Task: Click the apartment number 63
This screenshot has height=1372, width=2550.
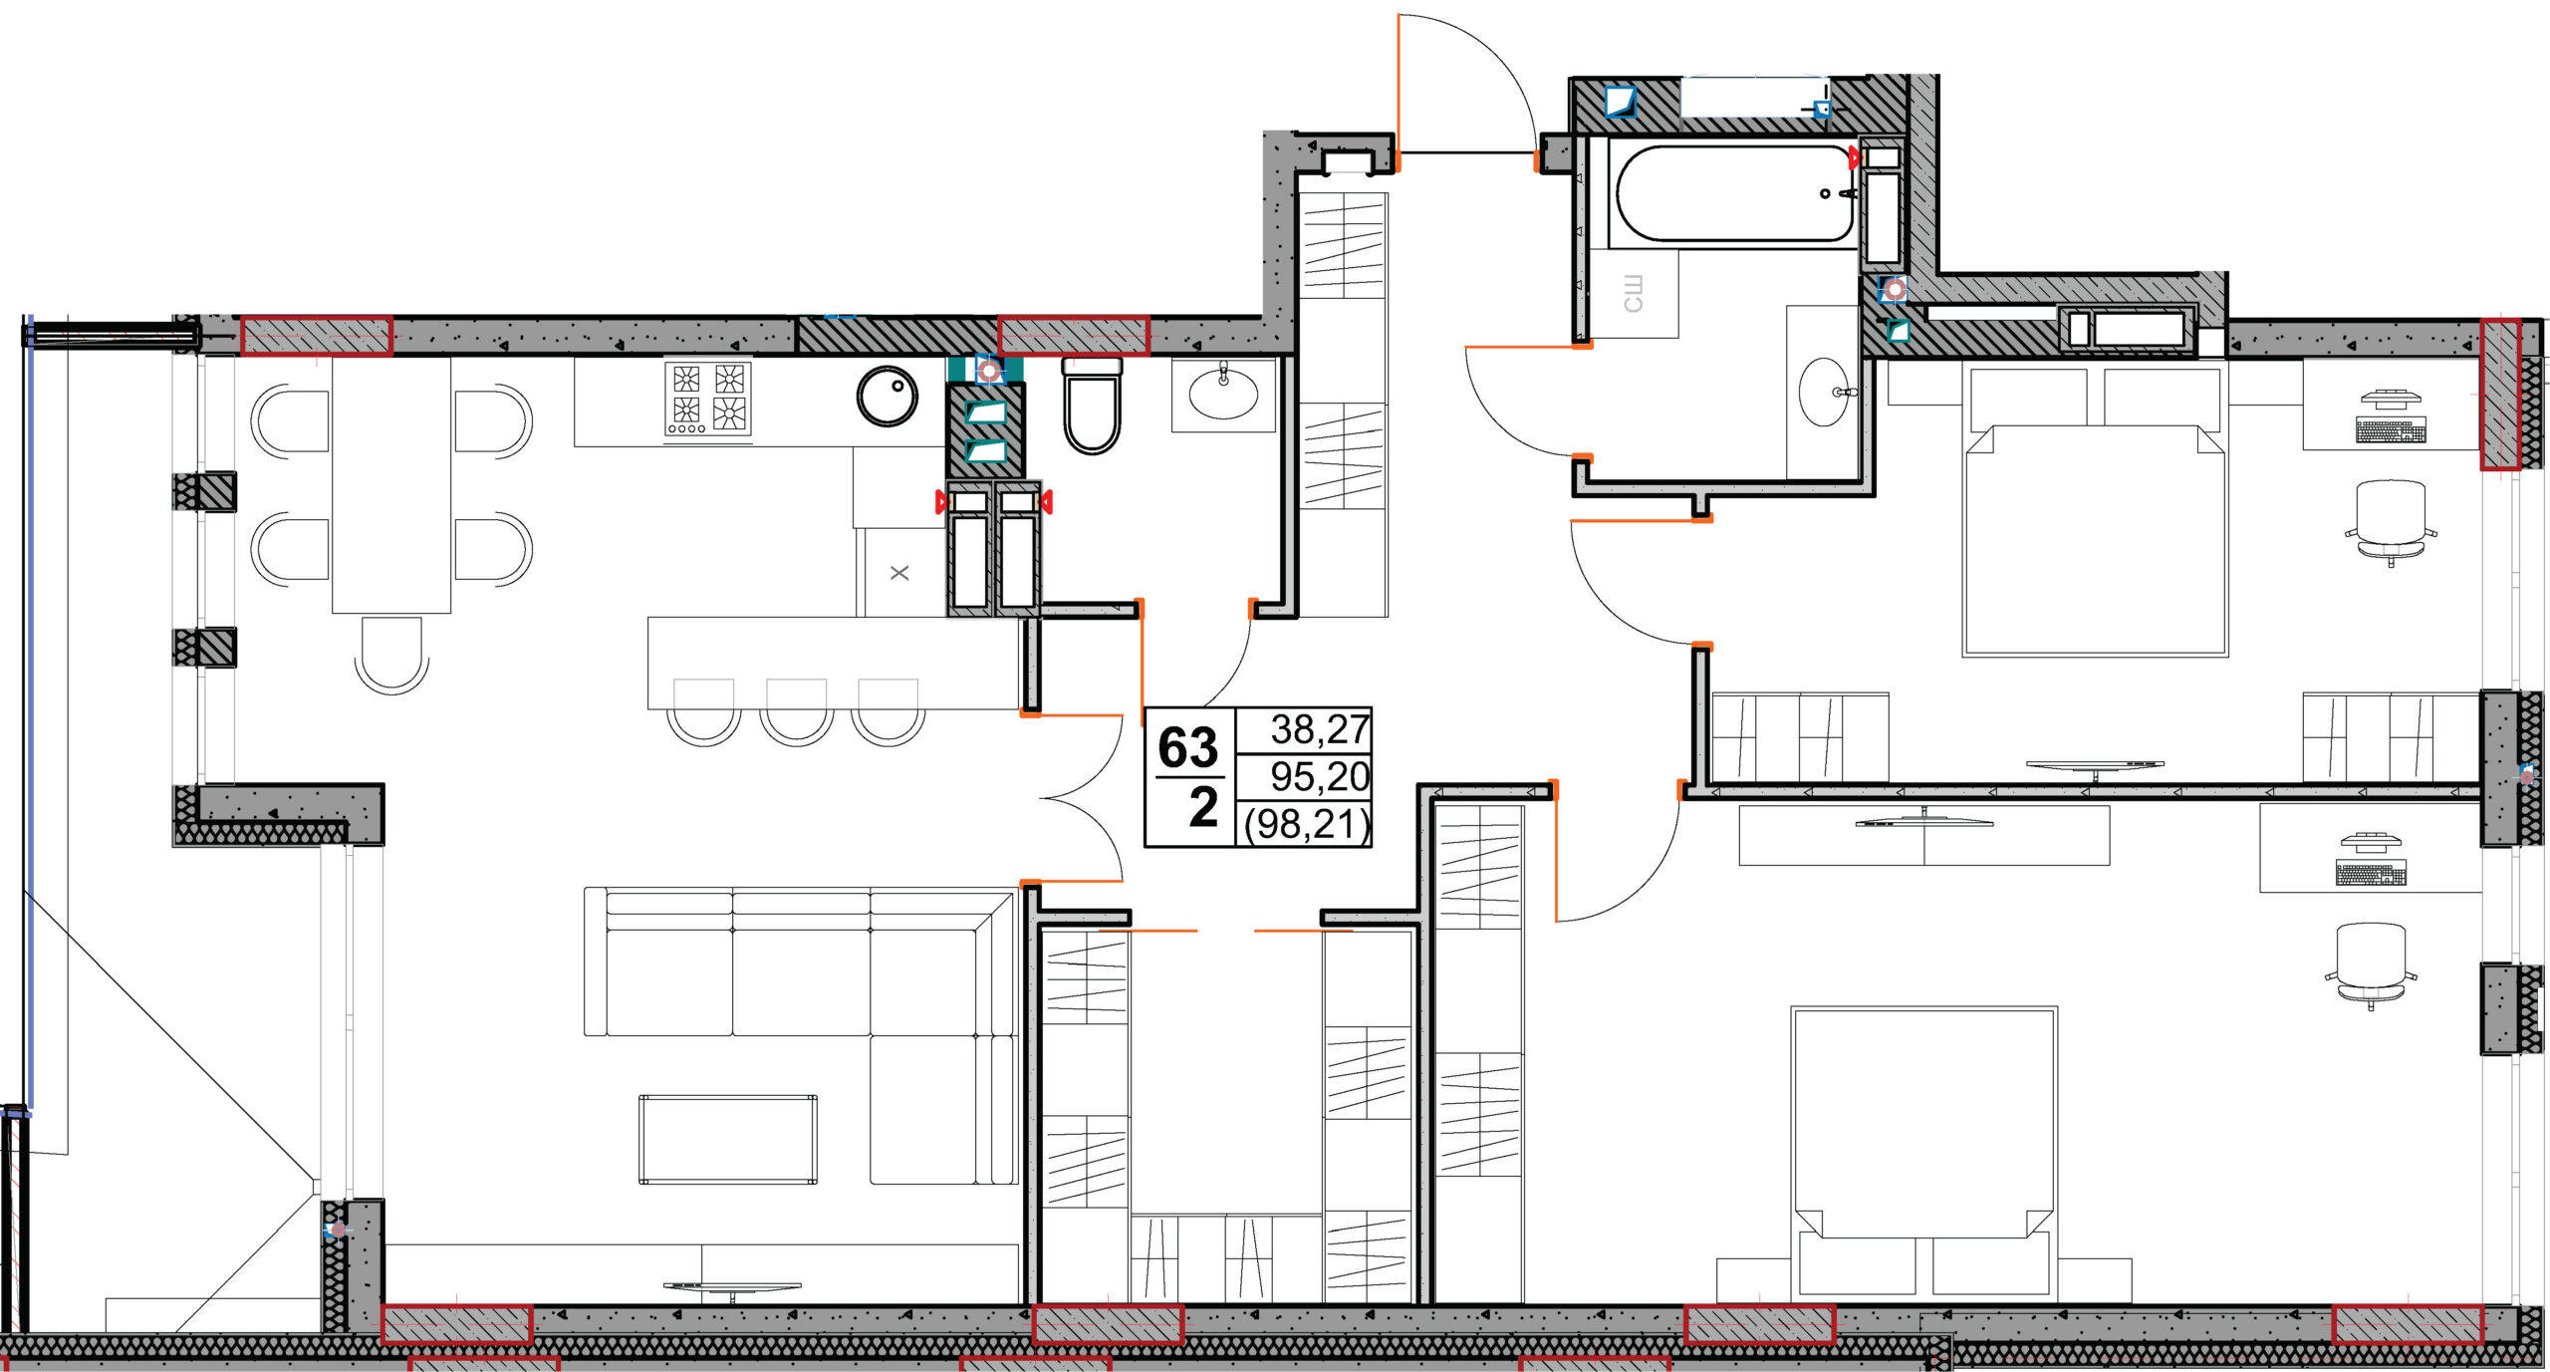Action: coord(1187,747)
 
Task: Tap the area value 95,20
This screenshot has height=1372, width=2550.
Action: coord(1320,776)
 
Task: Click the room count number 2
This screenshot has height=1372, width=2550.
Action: coord(1203,807)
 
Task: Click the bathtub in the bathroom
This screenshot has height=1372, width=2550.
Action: coord(1734,194)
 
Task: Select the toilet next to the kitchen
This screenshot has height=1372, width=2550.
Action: coord(1092,406)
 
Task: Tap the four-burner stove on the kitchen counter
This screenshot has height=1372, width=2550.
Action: coord(707,399)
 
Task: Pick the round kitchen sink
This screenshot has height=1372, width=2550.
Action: coord(888,397)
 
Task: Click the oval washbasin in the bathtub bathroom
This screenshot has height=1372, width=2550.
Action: coord(1825,393)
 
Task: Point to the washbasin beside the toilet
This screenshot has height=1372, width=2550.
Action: coord(1223,394)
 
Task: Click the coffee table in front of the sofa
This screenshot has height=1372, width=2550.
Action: coord(728,1139)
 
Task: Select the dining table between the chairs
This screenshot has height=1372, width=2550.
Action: coord(391,485)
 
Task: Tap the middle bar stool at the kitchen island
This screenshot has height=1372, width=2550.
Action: coord(797,711)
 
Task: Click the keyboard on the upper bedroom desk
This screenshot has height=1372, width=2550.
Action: coord(2391,430)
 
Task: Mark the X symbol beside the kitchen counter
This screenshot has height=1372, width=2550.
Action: coord(899,573)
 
